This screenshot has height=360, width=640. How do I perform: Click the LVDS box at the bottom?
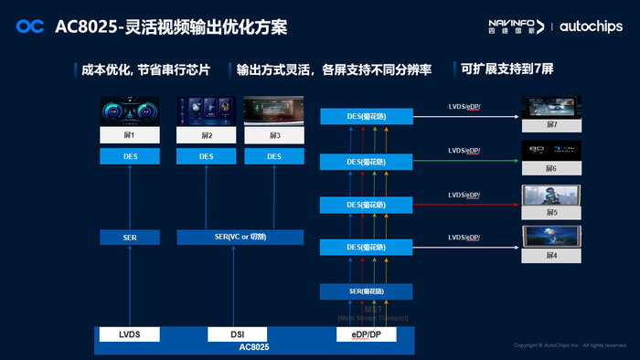[x=130, y=334]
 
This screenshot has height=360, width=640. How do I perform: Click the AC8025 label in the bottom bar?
[x=255, y=348]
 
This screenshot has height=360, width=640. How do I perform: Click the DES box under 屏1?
[x=130, y=156]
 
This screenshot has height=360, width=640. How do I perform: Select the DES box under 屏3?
[x=274, y=156]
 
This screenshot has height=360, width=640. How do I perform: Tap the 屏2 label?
[x=207, y=135]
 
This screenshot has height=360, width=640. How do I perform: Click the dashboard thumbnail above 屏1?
[x=130, y=112]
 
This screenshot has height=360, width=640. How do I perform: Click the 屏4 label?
[x=550, y=256]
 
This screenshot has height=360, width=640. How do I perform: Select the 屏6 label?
[x=550, y=169]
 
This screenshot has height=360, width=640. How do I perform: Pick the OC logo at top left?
[x=30, y=27]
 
